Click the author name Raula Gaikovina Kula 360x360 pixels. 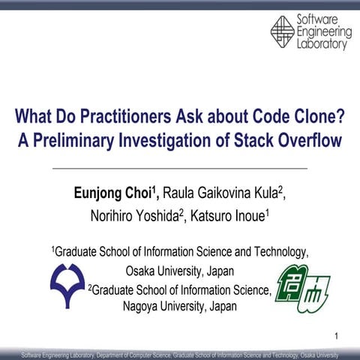tap(223, 193)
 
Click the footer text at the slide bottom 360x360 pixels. tap(180, 353)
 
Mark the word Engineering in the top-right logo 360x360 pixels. tap(324, 31)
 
